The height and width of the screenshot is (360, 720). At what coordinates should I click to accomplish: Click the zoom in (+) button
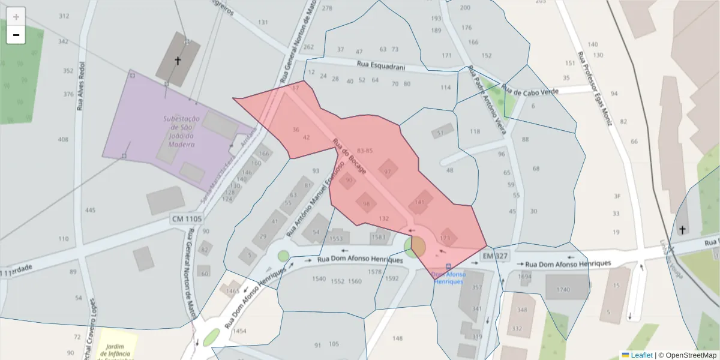pyautogui.click(x=16, y=16)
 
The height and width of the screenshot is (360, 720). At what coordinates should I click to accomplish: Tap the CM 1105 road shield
pyautogui.click(x=187, y=219)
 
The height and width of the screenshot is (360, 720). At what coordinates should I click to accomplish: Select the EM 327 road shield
pyautogui.click(x=495, y=256)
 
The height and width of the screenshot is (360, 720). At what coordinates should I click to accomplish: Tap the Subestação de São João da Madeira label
pyautogui.click(x=181, y=131)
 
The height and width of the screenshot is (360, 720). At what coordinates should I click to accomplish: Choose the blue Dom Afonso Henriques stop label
pyautogui.click(x=448, y=278)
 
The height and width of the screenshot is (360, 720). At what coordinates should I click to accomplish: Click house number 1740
pyautogui.click(x=563, y=290)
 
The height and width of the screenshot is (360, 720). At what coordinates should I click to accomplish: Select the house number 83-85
pyautogui.click(x=364, y=150)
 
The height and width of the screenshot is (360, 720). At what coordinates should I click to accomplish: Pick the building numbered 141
pyautogui.click(x=420, y=202)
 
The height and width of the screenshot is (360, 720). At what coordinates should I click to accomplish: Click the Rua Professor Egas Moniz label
pyautogui.click(x=595, y=88)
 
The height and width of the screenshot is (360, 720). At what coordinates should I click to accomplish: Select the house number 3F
pyautogui.click(x=616, y=196)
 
